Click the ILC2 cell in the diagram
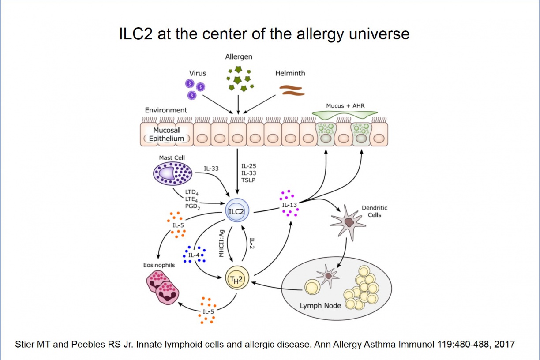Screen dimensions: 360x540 (x=236, y=211)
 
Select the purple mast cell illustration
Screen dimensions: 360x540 (x=172, y=172)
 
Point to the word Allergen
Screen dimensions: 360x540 (x=239, y=57)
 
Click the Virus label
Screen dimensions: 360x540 (x=198, y=73)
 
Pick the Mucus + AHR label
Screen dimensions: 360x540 (x=345, y=106)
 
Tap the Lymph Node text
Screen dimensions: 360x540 (x=320, y=305)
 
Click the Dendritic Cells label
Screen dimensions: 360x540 (x=371, y=211)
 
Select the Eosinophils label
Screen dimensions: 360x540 (x=159, y=265)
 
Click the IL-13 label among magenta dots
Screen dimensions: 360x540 (x=290, y=204)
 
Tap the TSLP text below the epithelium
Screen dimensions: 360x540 (x=249, y=180)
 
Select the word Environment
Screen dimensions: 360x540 (x=166, y=110)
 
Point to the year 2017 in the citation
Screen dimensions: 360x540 (x=506, y=344)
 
